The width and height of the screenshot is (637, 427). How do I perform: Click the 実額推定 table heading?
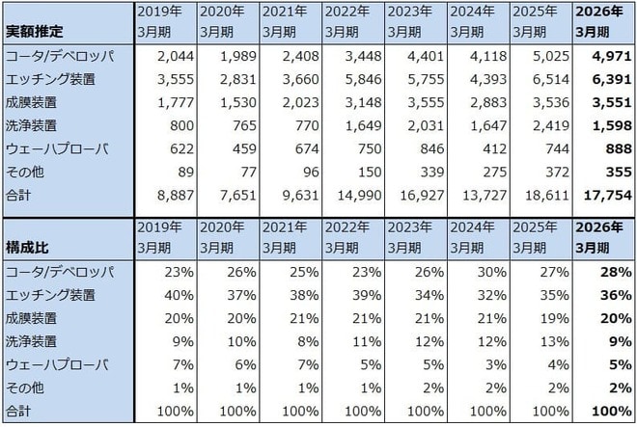[x=34, y=31]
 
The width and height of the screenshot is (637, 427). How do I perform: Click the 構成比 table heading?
[x=27, y=247]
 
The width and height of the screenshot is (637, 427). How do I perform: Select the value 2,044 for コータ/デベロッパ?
[x=176, y=56]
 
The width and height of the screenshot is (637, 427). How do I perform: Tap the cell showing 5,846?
[x=363, y=79]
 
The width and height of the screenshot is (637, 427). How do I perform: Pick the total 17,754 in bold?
[x=607, y=196]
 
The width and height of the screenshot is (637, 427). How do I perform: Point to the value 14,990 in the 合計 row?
[x=360, y=196]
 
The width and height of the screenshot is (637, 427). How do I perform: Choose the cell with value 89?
[x=186, y=173]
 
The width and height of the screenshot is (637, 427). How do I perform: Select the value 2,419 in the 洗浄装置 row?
[x=551, y=125]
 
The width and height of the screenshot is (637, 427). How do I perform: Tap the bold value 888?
[x=619, y=149]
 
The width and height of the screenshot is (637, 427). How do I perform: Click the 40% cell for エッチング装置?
[x=180, y=295]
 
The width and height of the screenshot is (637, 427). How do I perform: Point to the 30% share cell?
[x=492, y=272]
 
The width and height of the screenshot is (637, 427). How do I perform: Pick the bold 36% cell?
[x=617, y=295]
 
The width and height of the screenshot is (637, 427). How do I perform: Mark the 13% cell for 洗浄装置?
[x=555, y=341]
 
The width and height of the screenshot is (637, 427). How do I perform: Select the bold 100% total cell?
[x=612, y=412]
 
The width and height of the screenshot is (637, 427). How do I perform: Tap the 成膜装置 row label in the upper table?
[x=31, y=102]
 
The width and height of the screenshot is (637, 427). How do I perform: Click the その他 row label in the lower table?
[x=24, y=388]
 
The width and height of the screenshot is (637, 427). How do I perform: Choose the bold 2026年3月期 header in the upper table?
[x=598, y=21]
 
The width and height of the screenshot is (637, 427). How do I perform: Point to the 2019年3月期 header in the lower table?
[x=159, y=237]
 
